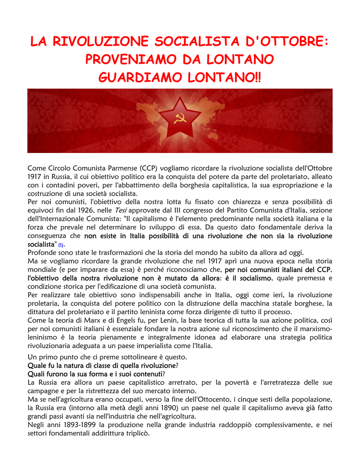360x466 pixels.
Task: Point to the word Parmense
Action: [118, 168]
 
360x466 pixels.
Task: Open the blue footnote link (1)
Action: [61, 245]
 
